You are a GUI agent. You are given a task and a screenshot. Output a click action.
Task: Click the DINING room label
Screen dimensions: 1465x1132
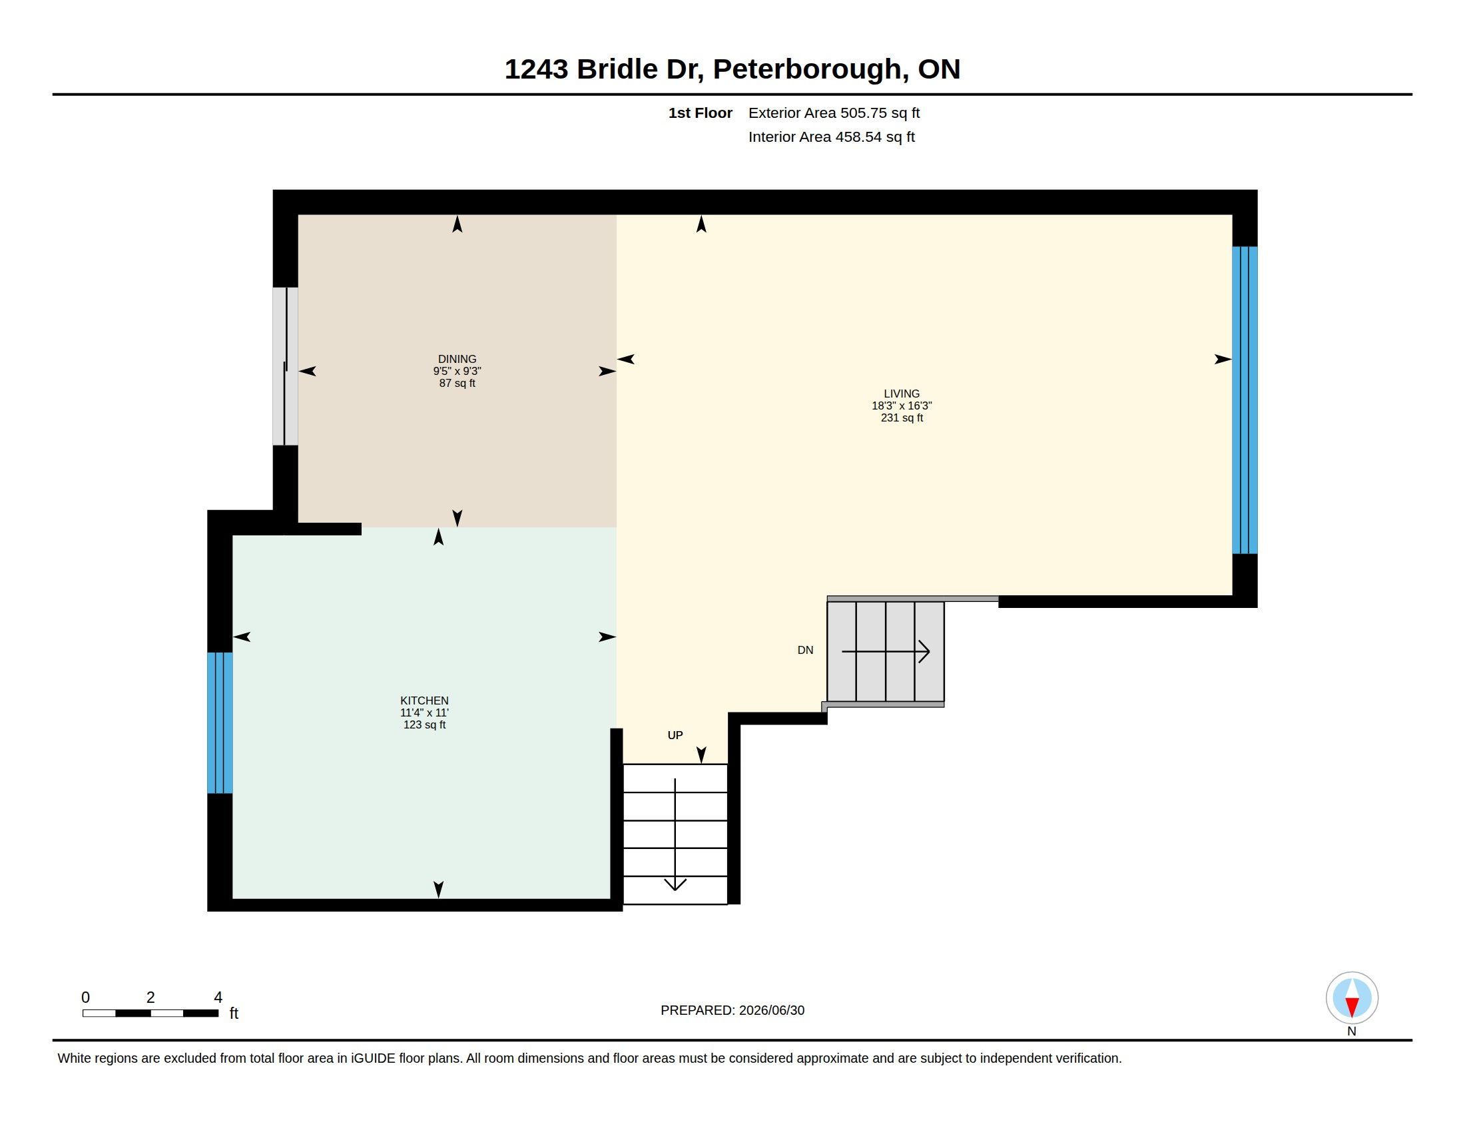(457, 359)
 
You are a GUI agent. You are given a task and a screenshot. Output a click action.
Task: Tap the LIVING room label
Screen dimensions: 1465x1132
(902, 394)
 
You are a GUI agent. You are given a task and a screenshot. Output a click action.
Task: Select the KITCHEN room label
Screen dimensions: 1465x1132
(424, 701)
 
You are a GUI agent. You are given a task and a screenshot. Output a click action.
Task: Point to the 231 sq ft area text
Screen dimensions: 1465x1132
(902, 418)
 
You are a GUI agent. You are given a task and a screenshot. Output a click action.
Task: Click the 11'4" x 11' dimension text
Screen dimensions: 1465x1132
(424, 713)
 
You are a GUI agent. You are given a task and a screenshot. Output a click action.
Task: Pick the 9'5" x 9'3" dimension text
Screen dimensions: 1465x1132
(457, 371)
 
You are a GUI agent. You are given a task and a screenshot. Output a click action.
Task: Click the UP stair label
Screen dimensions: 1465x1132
(675, 735)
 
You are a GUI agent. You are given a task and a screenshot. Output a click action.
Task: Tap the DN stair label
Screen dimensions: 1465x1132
(805, 650)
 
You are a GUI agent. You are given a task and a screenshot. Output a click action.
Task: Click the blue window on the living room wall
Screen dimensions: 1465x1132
(1245, 400)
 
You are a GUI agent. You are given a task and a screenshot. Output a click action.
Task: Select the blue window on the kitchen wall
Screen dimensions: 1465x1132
(220, 722)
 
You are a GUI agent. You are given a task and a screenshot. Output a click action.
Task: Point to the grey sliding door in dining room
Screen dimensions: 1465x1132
(285, 366)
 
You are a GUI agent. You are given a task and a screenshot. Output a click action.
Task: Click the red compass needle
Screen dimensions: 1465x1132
(1352, 1006)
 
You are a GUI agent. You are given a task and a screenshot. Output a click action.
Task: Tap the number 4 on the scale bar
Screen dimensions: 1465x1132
(217, 997)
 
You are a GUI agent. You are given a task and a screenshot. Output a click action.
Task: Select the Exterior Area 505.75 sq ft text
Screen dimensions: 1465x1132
(834, 113)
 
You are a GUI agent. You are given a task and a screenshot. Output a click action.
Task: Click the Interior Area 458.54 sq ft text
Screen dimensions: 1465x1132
(831, 137)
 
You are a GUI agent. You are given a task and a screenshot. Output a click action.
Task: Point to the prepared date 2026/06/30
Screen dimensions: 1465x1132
(771, 1010)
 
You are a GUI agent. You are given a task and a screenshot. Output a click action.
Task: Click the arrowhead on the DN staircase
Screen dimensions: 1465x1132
(924, 651)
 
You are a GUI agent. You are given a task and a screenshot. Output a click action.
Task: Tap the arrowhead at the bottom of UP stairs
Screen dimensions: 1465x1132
(675, 884)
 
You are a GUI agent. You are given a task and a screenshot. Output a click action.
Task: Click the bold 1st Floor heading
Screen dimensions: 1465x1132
(701, 113)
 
